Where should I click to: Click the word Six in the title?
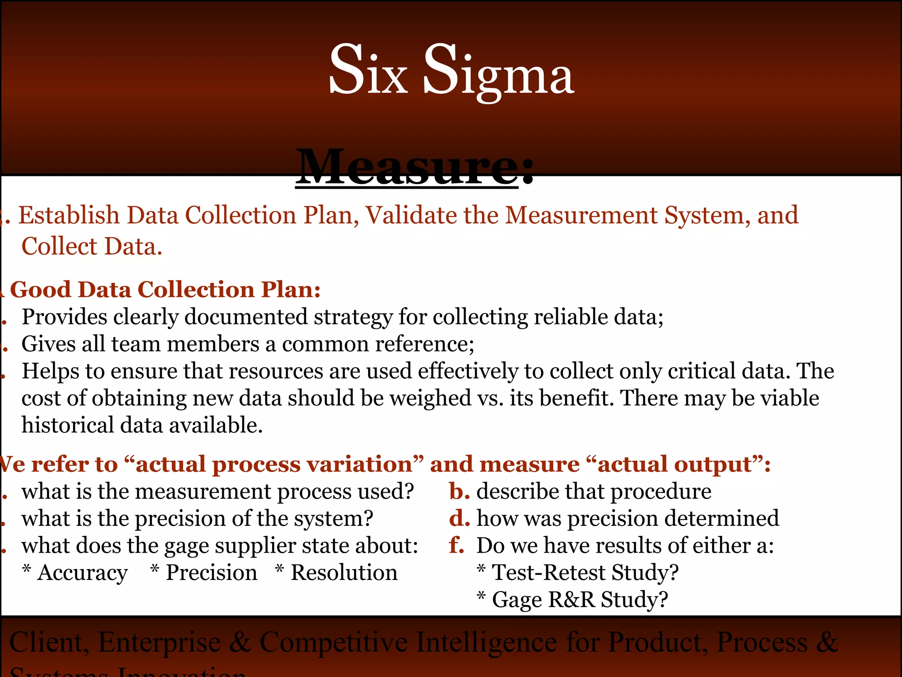click(x=368, y=71)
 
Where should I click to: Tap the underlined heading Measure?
click(x=407, y=168)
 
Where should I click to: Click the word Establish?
click(x=69, y=216)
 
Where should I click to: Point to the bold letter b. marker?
click(x=459, y=491)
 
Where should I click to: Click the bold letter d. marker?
click(x=459, y=518)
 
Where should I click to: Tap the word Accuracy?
click(x=83, y=573)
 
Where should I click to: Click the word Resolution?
click(x=344, y=573)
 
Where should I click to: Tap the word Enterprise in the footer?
click(x=159, y=642)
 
